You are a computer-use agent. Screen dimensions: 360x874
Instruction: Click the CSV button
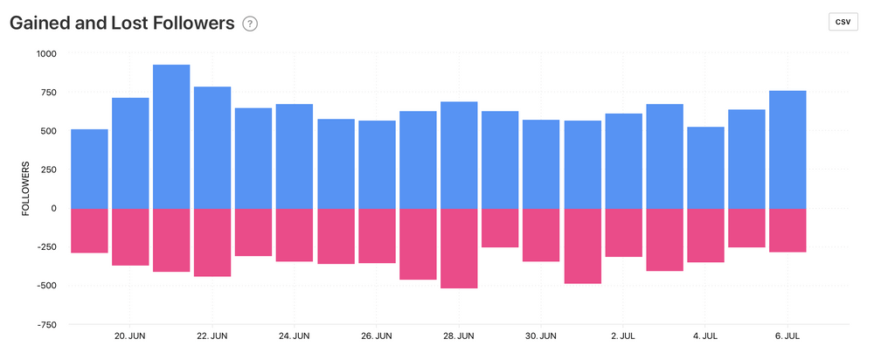(x=843, y=23)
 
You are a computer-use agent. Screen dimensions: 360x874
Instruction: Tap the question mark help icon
(x=250, y=24)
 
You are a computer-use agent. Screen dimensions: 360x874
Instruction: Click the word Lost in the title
(x=133, y=24)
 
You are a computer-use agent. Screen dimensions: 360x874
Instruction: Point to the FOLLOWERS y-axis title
(x=25, y=188)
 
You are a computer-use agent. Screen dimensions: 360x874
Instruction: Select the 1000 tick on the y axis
(x=45, y=54)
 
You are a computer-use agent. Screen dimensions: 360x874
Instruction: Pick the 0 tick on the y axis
(x=52, y=208)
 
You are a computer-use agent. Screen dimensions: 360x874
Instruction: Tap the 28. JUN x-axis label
(x=459, y=336)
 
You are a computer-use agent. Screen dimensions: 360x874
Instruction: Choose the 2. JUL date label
(x=623, y=336)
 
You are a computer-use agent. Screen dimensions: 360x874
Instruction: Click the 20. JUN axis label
(x=130, y=336)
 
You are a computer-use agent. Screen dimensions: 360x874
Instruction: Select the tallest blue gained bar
(x=171, y=136)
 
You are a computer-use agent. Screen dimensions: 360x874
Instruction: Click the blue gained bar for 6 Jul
(x=787, y=149)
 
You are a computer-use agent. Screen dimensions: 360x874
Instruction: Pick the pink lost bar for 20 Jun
(x=130, y=237)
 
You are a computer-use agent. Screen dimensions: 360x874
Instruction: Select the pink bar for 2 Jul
(x=623, y=232)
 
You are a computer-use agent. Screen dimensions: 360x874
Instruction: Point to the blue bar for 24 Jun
(x=295, y=156)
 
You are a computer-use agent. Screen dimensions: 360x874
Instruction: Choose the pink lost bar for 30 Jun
(x=541, y=235)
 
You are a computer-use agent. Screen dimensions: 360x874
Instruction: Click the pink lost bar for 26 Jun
(x=377, y=236)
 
